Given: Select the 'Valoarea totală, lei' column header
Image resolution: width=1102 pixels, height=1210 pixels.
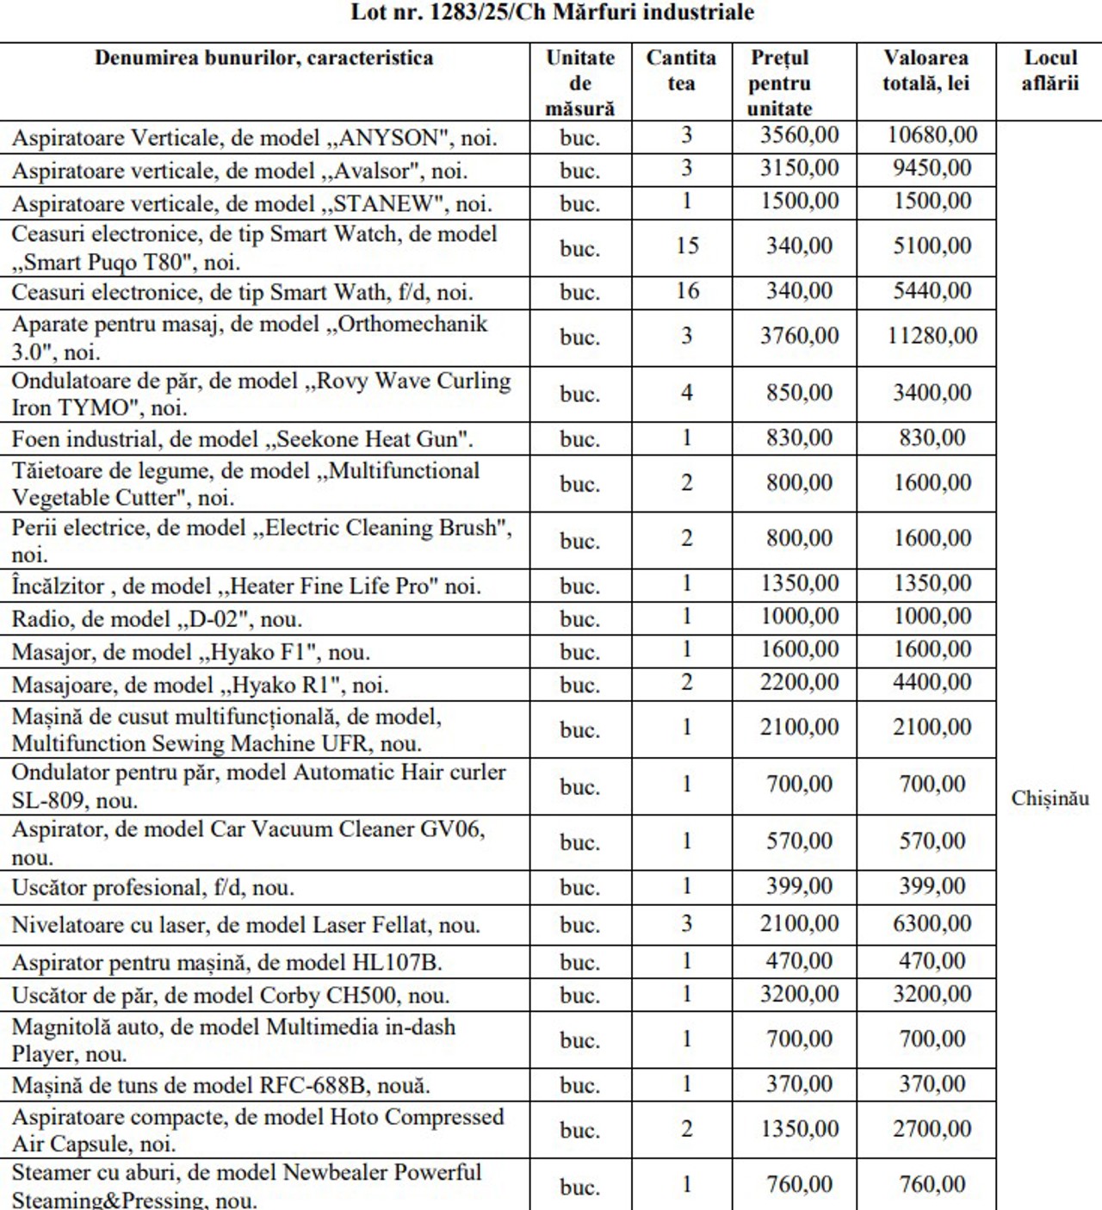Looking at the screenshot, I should click(x=926, y=71).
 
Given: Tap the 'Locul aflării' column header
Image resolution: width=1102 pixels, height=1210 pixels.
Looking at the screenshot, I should click(x=1049, y=71).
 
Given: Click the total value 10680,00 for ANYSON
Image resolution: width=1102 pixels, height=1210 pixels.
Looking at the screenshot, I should click(x=932, y=135).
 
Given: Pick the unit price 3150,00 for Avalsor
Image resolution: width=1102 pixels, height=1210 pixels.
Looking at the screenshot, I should click(x=799, y=168).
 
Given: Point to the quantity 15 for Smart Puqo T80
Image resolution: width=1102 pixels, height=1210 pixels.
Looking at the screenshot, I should click(x=687, y=246).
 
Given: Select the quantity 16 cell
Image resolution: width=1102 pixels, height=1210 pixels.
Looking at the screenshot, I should click(x=687, y=291).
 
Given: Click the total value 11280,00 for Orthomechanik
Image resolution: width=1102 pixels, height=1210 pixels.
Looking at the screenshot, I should click(x=932, y=336).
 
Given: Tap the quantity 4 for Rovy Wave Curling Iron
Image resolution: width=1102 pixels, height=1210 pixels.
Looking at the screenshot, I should click(x=687, y=393).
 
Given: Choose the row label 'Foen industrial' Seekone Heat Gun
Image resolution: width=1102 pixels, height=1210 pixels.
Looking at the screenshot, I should click(x=242, y=439).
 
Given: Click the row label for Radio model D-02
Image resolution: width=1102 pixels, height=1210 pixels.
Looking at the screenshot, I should click(x=157, y=619).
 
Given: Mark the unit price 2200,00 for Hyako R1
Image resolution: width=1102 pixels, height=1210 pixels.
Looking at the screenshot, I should click(x=799, y=683).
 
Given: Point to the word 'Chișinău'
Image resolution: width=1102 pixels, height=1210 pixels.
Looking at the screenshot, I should click(x=1049, y=798).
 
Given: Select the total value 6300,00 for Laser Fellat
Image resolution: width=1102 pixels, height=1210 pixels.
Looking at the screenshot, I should click(x=932, y=924).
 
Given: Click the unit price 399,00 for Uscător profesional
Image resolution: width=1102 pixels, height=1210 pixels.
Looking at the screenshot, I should click(x=799, y=886).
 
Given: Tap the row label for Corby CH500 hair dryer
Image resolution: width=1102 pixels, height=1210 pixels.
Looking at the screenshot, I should click(x=230, y=996).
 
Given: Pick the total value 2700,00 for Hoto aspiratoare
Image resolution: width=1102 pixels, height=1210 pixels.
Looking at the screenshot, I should click(x=932, y=1129).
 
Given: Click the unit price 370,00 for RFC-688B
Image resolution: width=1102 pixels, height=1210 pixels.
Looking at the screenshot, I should click(x=799, y=1084).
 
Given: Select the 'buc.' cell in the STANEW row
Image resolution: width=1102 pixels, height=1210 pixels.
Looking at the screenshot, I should click(x=579, y=204).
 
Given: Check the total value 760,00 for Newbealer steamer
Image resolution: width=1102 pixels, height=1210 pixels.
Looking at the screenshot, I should click(x=932, y=1185).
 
